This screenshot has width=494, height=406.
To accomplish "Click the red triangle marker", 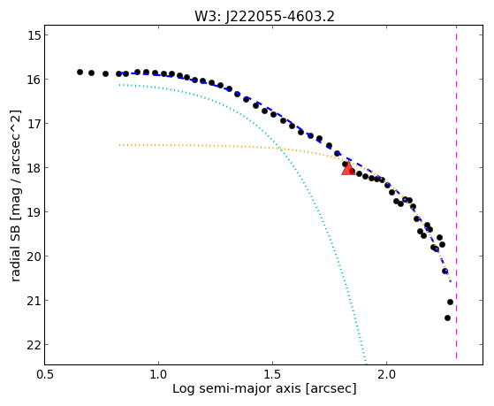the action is pyautogui.click(x=348, y=169).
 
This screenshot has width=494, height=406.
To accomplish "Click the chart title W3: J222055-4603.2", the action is pyautogui.click(x=264, y=16).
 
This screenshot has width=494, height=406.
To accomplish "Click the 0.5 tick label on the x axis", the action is pyautogui.click(x=45, y=374).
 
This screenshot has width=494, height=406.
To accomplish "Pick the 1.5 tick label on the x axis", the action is pyautogui.click(x=273, y=374).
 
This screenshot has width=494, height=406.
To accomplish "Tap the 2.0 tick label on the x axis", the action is pyautogui.click(x=387, y=374).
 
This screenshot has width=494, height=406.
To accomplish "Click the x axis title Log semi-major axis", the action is pyautogui.click(x=237, y=388).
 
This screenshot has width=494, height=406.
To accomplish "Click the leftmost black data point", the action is pyautogui.click(x=80, y=73).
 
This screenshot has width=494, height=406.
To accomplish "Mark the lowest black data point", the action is pyautogui.click(x=447, y=318).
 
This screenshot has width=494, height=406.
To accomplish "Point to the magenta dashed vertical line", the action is pyautogui.click(x=456, y=192).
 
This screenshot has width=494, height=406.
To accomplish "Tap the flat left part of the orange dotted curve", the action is pyautogui.click(x=189, y=145).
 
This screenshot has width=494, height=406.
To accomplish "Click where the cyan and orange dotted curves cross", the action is pyautogui.click(x=279, y=149).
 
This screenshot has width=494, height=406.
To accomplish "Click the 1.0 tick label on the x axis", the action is pyautogui.click(x=158, y=374).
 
